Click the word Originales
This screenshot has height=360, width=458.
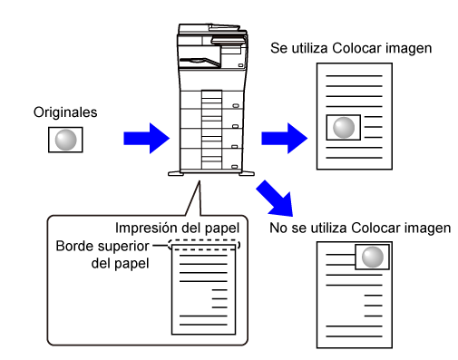click(65, 112)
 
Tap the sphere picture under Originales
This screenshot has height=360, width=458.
click(65, 140)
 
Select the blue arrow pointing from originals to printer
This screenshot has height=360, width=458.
click(146, 139)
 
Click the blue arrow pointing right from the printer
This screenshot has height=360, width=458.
click(284, 139)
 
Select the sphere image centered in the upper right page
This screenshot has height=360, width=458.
click(344, 128)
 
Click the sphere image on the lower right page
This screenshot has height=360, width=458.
click(372, 257)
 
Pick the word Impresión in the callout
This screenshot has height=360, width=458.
click(142, 229)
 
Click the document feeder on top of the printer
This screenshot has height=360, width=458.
click(212, 29)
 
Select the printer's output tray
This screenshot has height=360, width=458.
click(200, 62)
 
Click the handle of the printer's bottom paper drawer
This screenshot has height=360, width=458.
click(235, 167)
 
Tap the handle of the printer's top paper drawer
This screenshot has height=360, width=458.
click(236, 106)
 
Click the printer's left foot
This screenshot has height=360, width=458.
click(176, 173)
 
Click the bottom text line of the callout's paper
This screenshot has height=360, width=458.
click(203, 325)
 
